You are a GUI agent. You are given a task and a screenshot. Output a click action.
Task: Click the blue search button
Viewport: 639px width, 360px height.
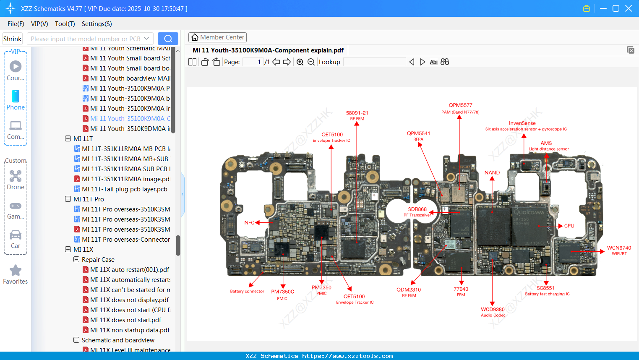click(x=168, y=39)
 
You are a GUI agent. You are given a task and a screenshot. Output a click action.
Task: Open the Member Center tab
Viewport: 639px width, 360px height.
click(x=217, y=37)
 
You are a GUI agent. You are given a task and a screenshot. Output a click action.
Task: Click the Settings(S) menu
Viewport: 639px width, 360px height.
click(x=97, y=24)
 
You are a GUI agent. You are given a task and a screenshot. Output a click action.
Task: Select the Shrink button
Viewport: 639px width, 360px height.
click(x=13, y=39)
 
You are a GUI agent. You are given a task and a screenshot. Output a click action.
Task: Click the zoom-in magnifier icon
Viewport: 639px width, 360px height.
click(x=300, y=62)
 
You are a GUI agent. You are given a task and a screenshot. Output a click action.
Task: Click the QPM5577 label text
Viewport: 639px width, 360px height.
click(x=460, y=105)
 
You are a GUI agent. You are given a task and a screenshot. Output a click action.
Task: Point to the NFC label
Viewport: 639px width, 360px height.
click(x=249, y=223)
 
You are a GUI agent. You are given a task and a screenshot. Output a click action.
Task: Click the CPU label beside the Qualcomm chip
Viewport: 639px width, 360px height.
click(x=569, y=226)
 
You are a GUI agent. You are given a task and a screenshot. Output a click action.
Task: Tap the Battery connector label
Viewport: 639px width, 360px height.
click(x=247, y=291)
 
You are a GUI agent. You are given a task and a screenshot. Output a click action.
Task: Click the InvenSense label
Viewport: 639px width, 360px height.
click(x=522, y=123)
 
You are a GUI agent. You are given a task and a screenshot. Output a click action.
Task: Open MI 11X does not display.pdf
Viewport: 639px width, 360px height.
click(x=130, y=300)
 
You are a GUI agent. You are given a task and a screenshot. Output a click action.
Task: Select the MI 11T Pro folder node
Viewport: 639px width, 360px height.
click(x=89, y=199)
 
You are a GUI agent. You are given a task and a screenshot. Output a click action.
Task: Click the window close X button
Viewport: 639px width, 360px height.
click(x=629, y=8)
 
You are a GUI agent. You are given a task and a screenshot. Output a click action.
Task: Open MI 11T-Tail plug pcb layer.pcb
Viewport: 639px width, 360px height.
click(x=125, y=189)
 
